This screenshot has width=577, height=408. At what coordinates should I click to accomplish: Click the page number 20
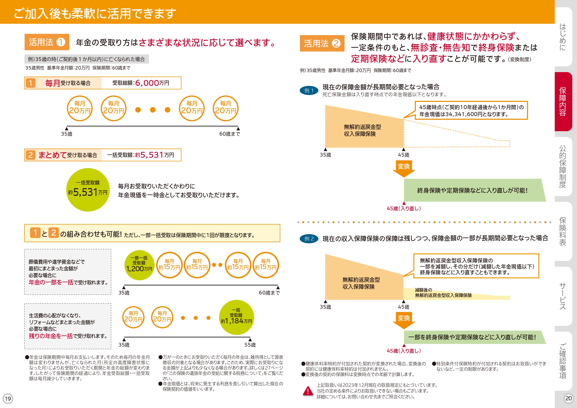(x=568, y=398)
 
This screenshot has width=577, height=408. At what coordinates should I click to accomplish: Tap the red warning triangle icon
(x=308, y=391)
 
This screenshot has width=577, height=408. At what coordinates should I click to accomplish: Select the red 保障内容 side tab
(x=563, y=102)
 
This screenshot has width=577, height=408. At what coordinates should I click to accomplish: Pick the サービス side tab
(x=563, y=296)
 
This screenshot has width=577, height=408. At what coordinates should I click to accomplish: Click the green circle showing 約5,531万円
(x=88, y=190)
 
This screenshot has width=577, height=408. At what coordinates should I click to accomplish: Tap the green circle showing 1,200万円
(x=139, y=265)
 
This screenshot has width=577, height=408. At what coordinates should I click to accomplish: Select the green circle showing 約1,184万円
(x=236, y=317)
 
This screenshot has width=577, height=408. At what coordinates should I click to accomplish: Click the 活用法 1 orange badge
(x=47, y=42)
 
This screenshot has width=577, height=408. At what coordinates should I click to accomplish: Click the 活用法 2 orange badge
(x=322, y=43)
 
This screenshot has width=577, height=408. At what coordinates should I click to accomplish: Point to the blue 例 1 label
(x=309, y=90)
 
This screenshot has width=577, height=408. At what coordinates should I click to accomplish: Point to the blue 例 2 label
(x=309, y=239)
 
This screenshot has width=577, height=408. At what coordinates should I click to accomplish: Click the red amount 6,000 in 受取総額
(x=147, y=83)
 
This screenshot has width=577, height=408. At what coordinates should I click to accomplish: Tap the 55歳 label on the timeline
(x=250, y=345)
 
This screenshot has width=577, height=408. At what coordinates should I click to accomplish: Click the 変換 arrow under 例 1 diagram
(x=404, y=168)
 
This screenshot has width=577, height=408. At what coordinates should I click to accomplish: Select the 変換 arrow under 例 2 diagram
(x=404, y=320)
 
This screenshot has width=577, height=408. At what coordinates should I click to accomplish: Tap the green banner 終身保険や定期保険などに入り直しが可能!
(x=472, y=190)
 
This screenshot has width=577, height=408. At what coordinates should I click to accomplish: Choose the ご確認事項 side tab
(x=563, y=361)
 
